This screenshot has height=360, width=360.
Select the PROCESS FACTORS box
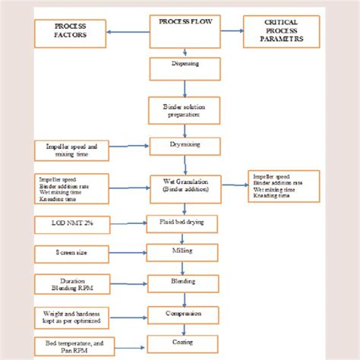70,33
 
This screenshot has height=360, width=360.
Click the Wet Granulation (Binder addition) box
185,185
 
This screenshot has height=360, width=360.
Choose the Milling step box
185,252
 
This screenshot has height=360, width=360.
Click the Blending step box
185,283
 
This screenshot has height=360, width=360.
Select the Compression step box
185,314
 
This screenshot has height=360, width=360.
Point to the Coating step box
185,343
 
